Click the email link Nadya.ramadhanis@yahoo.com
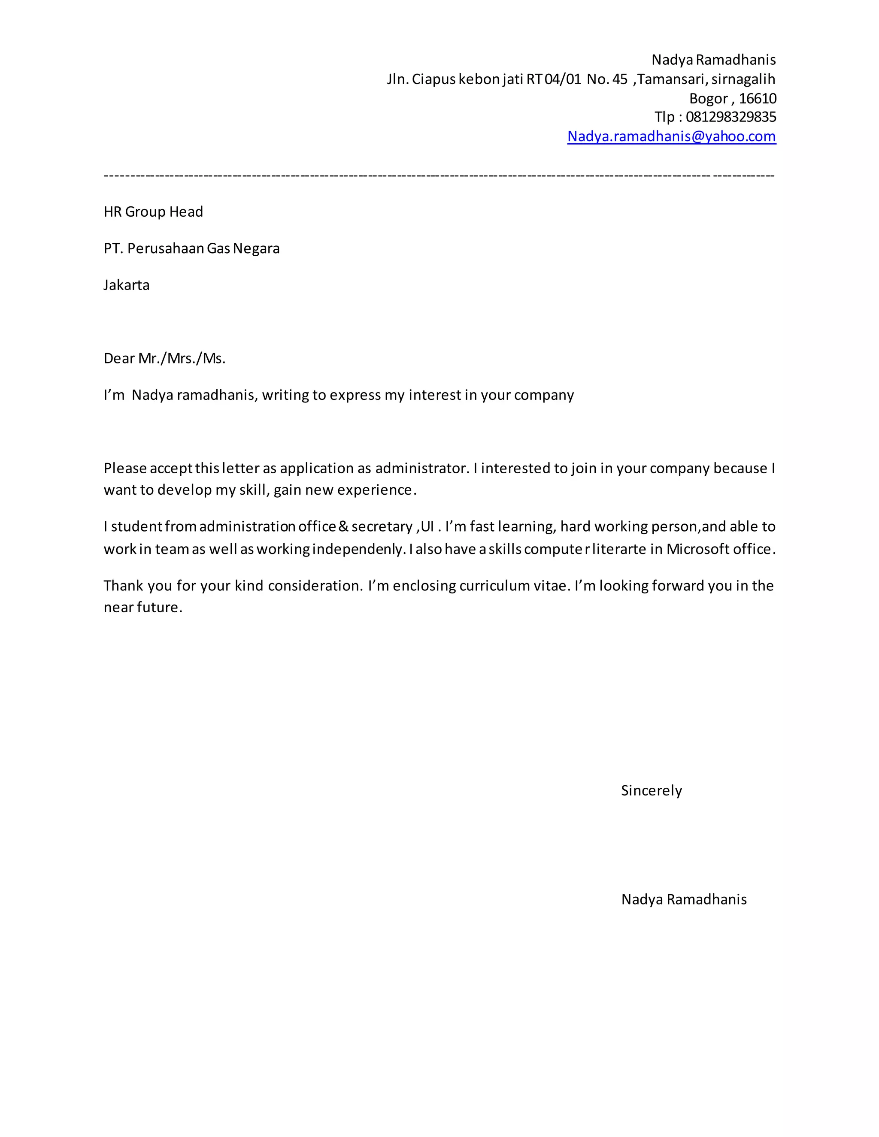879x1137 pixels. click(671, 136)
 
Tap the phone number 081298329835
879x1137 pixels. click(730, 117)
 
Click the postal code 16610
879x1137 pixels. click(757, 98)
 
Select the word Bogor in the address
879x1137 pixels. click(708, 98)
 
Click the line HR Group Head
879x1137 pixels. click(153, 212)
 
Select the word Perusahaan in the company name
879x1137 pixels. click(166, 248)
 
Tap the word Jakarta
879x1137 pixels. click(127, 285)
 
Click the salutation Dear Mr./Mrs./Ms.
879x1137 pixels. click(164, 358)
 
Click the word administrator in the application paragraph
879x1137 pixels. click(421, 468)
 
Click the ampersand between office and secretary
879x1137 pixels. click(343, 526)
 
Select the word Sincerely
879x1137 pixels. click(651, 790)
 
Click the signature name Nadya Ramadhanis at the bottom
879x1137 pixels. click(684, 899)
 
